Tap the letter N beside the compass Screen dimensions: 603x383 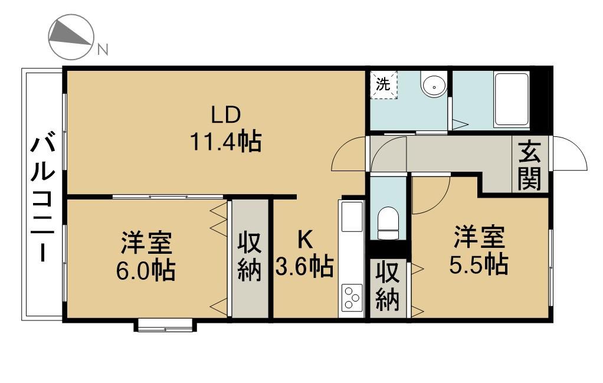102,50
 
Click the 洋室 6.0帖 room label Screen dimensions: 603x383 146,256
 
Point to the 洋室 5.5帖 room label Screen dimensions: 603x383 479,250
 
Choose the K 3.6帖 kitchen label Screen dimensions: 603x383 304,254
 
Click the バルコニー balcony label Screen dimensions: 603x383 42,197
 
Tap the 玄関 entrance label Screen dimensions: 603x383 530,166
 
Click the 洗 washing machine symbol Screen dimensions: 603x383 384,84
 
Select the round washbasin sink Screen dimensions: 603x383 434,84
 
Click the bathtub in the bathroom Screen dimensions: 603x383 512,100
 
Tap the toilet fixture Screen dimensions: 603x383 388,224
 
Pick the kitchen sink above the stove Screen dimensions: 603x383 352,217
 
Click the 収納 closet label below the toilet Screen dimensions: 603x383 388,286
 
